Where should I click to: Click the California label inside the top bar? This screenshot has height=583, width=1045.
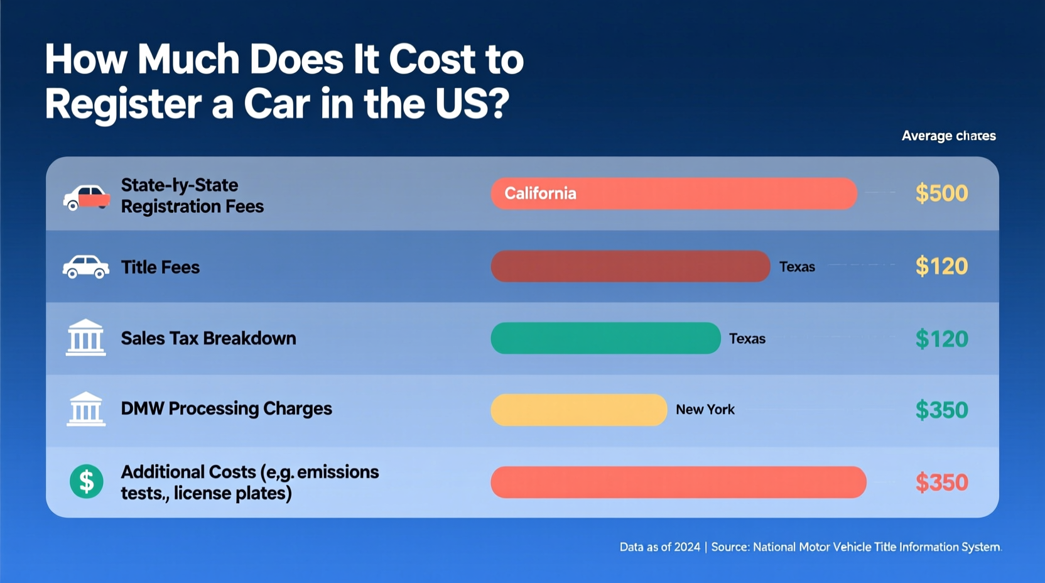[x=540, y=193]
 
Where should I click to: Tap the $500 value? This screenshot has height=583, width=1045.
[x=941, y=193]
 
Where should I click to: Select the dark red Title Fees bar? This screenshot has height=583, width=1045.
[x=630, y=266]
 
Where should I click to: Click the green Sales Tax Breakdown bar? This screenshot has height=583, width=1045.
[x=605, y=339]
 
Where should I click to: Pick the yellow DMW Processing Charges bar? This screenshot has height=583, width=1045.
[x=578, y=410]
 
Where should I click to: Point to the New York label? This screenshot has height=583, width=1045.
[x=705, y=410]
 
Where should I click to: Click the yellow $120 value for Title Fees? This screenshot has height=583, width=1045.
[x=941, y=266]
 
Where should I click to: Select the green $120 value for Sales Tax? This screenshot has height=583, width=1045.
[x=941, y=339]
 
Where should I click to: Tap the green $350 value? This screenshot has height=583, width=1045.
[x=941, y=410]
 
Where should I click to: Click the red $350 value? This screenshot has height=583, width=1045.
[x=941, y=482]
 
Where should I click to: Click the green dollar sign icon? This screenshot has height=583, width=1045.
[x=86, y=482]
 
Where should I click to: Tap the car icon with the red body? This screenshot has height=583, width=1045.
[x=86, y=197]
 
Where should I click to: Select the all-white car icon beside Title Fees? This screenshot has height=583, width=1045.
[x=86, y=267]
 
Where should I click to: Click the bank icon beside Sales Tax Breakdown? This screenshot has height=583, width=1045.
[x=86, y=338]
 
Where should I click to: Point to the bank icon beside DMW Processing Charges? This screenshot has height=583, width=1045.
[x=86, y=410]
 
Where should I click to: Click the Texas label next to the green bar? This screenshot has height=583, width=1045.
[x=747, y=339]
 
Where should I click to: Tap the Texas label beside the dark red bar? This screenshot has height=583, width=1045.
[x=797, y=267]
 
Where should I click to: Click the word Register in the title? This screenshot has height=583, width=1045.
[x=123, y=104]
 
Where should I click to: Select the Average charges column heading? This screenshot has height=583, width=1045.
[x=948, y=136]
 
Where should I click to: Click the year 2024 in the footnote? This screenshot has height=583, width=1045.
[x=686, y=547]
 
